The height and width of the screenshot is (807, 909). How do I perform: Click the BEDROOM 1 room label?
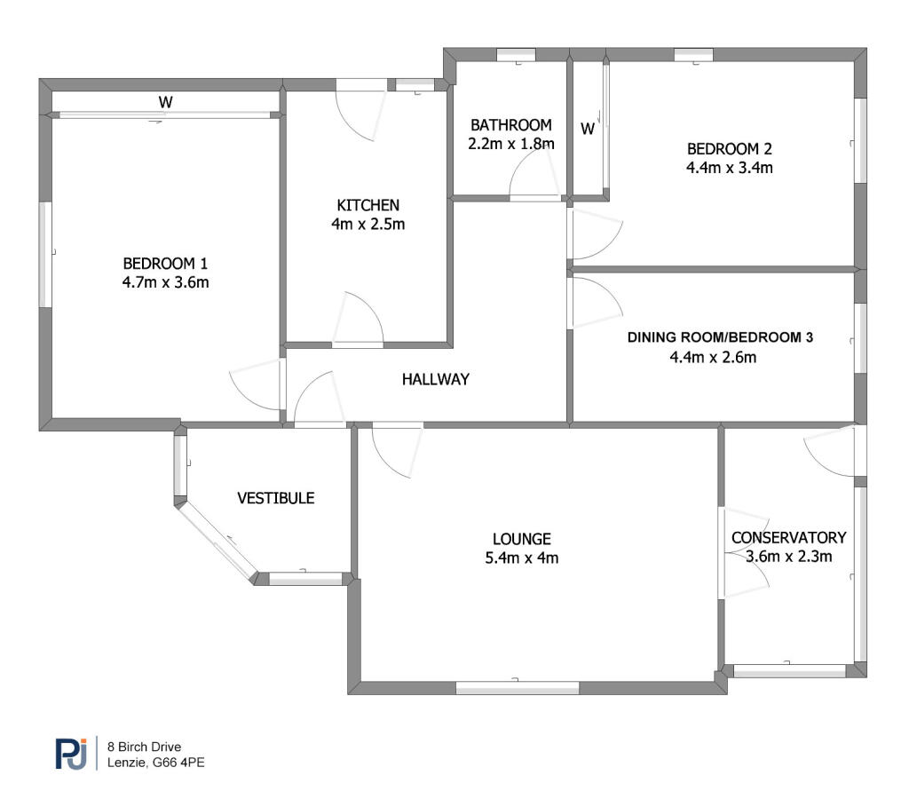click(x=165, y=264)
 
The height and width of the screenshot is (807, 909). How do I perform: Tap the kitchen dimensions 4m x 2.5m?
click(x=368, y=225)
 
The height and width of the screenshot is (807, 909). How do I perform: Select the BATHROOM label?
click(x=510, y=125)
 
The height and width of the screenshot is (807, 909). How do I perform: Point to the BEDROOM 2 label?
click(x=730, y=149)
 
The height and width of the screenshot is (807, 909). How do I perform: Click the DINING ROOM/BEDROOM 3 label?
click(x=720, y=337)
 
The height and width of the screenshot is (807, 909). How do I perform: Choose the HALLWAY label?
click(x=435, y=379)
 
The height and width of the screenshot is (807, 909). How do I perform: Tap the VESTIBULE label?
click(x=276, y=498)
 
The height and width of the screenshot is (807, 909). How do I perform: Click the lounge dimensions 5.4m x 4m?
click(x=522, y=558)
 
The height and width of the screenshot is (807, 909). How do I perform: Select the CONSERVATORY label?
click(x=788, y=538)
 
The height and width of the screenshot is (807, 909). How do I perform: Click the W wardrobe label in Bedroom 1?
click(x=166, y=102)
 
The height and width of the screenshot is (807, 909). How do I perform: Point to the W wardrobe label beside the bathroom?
click(x=588, y=129)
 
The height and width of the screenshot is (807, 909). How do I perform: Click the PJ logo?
click(x=71, y=753)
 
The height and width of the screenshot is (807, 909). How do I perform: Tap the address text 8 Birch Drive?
click(x=144, y=747)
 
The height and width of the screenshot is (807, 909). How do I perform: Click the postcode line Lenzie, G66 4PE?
click(x=155, y=763)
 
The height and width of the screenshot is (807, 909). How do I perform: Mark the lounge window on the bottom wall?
click(x=518, y=688)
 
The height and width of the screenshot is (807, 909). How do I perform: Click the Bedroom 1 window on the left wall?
click(x=45, y=254)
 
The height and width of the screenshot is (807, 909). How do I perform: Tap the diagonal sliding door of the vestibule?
click(x=217, y=541)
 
